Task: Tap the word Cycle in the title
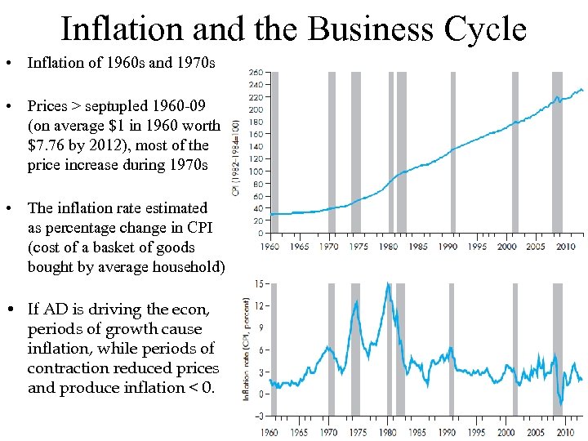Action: tap(485, 29)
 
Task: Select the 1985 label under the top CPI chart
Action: tap(417, 246)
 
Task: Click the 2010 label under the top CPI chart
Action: tap(564, 246)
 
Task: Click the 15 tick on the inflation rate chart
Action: tap(259, 284)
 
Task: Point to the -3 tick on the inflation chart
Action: tap(258, 416)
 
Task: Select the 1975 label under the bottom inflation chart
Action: tap(357, 433)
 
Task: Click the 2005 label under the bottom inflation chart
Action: tap(537, 433)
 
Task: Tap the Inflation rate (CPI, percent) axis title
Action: tap(246, 349)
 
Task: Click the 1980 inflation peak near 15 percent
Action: tap(389, 285)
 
